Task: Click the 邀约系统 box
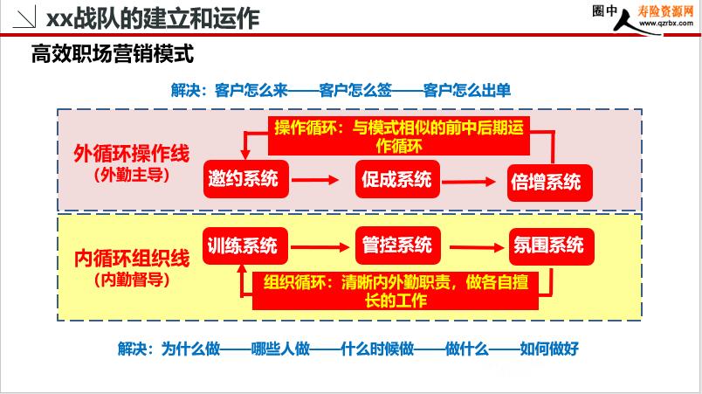coord(246,178)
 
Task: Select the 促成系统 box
coord(397,179)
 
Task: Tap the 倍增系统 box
coord(549,183)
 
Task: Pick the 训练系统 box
coord(244,245)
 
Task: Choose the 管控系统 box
coord(397,245)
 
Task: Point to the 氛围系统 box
coord(551,246)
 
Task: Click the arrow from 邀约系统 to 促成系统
coord(314,180)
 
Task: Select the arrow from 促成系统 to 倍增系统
coord(468,182)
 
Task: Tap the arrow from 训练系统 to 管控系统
coord(320,246)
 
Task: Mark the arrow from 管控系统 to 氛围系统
coord(477,247)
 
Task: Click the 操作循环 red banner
coord(399,135)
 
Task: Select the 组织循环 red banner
coord(396,291)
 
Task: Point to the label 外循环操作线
coord(132,154)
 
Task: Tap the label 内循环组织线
coord(132,259)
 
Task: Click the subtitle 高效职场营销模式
coord(113,54)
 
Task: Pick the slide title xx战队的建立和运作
coord(153,19)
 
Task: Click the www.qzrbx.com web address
coord(665,23)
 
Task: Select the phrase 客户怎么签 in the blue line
coord(355,90)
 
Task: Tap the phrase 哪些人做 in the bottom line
coord(280,348)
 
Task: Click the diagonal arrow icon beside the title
coord(24,17)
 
